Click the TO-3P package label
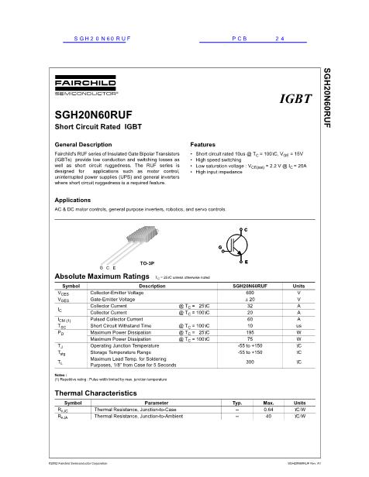(147, 263)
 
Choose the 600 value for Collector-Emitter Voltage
(250, 293)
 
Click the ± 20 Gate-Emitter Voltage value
(250, 300)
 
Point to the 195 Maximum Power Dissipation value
(250, 332)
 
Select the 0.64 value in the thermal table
(268, 409)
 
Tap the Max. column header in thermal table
(268, 402)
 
